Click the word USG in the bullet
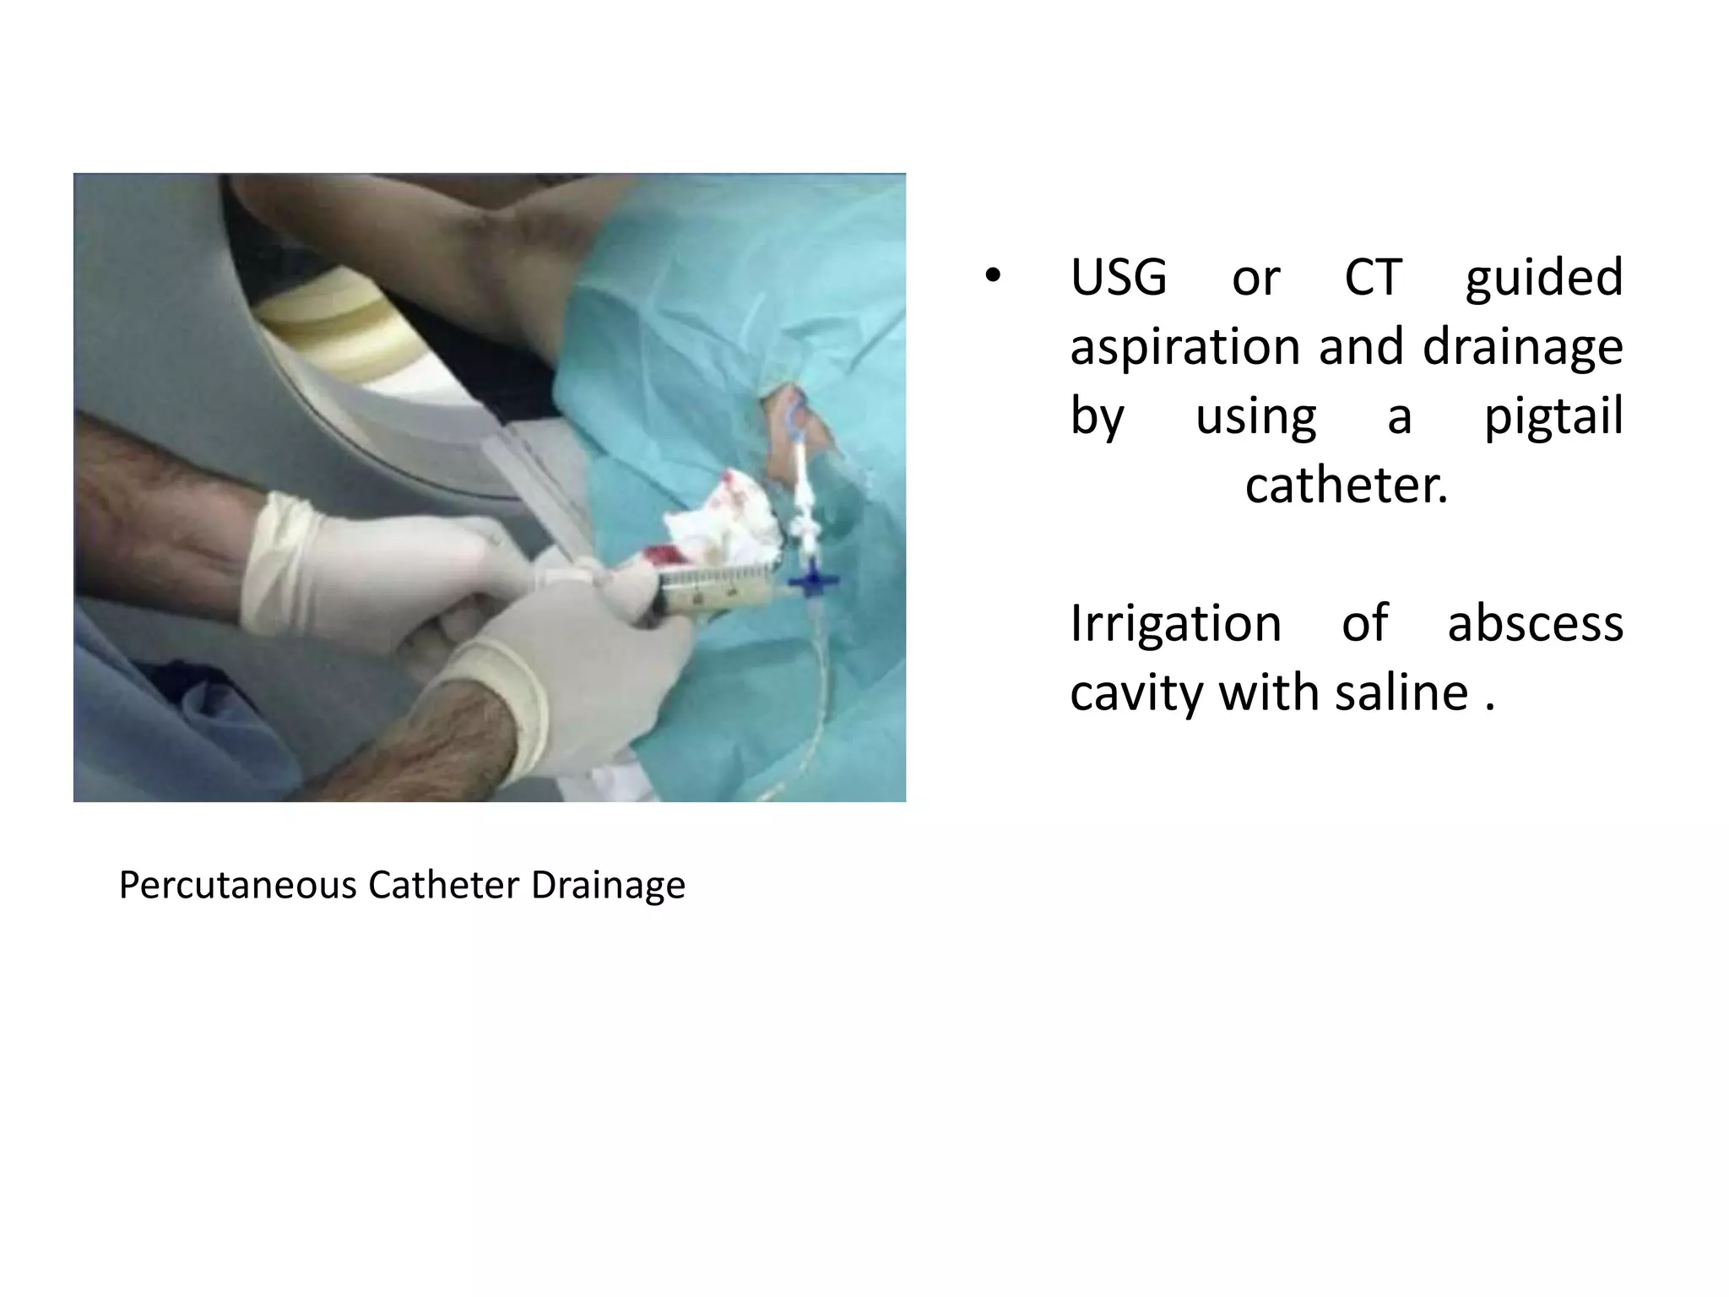tap(1119, 277)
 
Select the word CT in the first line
tap(1374, 277)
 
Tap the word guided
tap(1544, 279)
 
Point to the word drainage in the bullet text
tap(1523, 348)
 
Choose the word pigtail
tap(1553, 417)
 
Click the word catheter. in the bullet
tap(1347, 486)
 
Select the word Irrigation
tap(1176, 625)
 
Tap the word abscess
tap(1536, 623)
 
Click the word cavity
tap(1135, 693)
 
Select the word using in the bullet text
tap(1255, 417)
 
